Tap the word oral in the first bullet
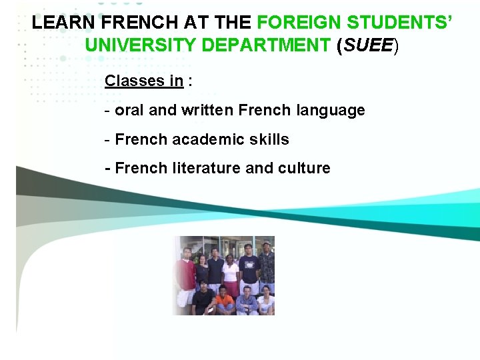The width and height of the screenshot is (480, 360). coord(129,110)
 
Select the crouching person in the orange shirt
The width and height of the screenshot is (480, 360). coord(225,301)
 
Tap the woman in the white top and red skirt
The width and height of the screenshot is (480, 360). coord(231,275)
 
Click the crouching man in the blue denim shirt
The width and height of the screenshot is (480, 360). coord(246,301)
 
